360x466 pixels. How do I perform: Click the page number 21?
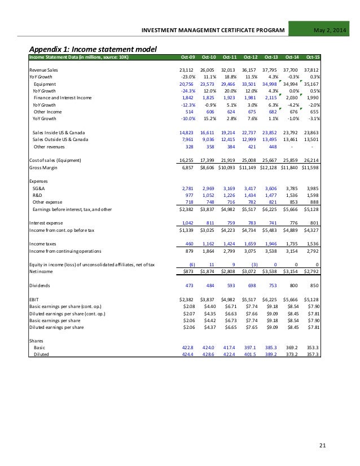coord(323,447)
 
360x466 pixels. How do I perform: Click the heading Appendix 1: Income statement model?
coord(94,49)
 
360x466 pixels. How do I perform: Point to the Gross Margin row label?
coord(47,168)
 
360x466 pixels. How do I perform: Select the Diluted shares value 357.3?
coord(313,354)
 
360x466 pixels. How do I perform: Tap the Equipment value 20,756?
coord(187,83)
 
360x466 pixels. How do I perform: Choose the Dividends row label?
coord(41,285)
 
